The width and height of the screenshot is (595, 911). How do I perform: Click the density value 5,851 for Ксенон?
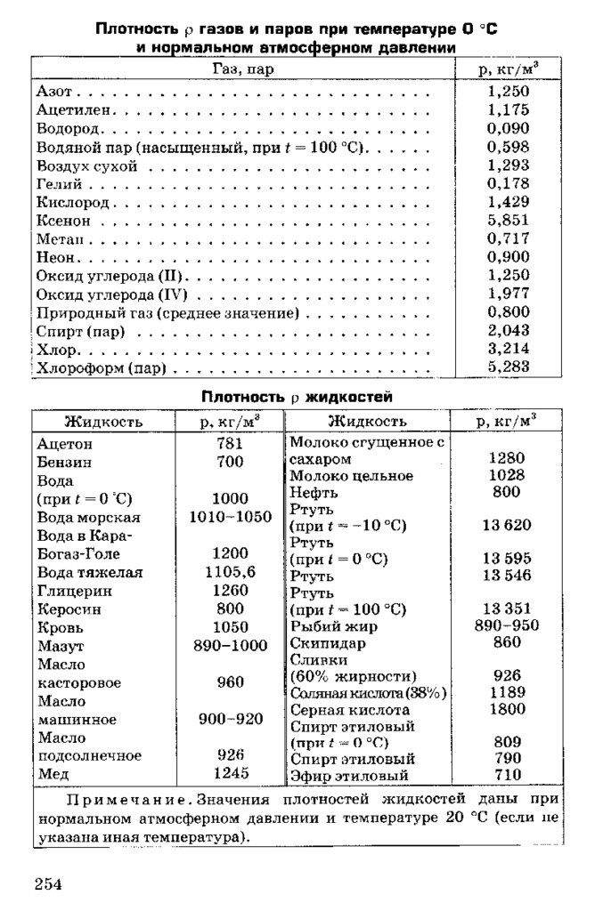pyautogui.click(x=509, y=220)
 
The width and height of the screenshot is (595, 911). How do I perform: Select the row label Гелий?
pyautogui.click(x=60, y=184)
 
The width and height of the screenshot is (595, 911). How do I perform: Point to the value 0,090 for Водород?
pyautogui.click(x=509, y=128)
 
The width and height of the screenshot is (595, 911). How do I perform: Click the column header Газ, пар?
pyautogui.click(x=243, y=69)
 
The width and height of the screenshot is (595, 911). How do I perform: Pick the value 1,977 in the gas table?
pyautogui.click(x=509, y=294)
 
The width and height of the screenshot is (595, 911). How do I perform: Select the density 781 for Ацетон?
pyautogui.click(x=230, y=443)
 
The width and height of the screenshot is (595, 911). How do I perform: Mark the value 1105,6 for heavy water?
pyautogui.click(x=230, y=572)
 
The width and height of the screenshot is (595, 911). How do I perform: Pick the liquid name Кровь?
pyautogui.click(x=61, y=627)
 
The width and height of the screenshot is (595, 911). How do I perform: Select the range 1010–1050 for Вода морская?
pyautogui.click(x=230, y=517)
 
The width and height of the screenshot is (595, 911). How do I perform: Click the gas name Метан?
pyautogui.click(x=60, y=238)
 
